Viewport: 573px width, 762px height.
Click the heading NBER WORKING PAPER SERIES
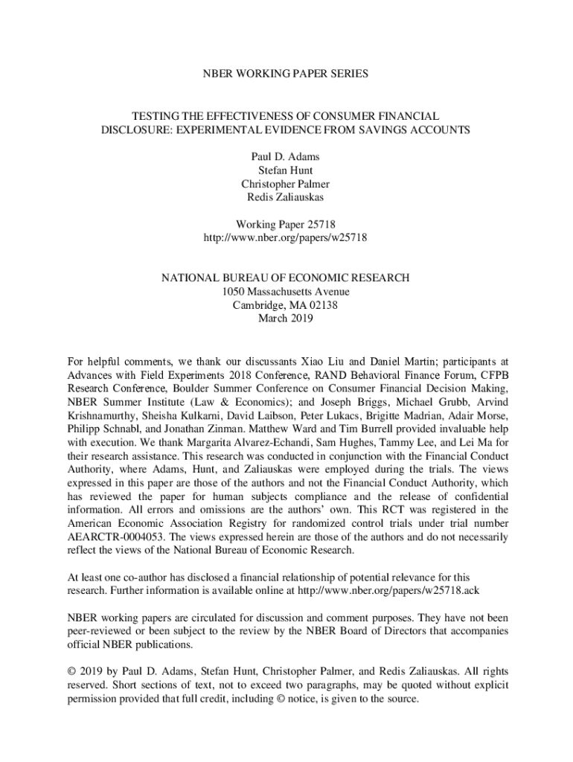click(286, 74)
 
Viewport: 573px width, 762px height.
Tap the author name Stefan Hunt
click(286, 171)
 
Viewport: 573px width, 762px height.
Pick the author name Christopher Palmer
click(286, 184)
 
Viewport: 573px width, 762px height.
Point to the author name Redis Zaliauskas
click(286, 197)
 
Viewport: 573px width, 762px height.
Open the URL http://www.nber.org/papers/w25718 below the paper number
click(286, 237)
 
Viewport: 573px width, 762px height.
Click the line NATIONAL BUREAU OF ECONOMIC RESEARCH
click(286, 278)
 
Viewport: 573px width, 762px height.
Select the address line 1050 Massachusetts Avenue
click(286, 292)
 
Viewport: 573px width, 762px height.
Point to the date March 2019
click(286, 318)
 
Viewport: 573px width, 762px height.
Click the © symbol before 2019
click(72, 673)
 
